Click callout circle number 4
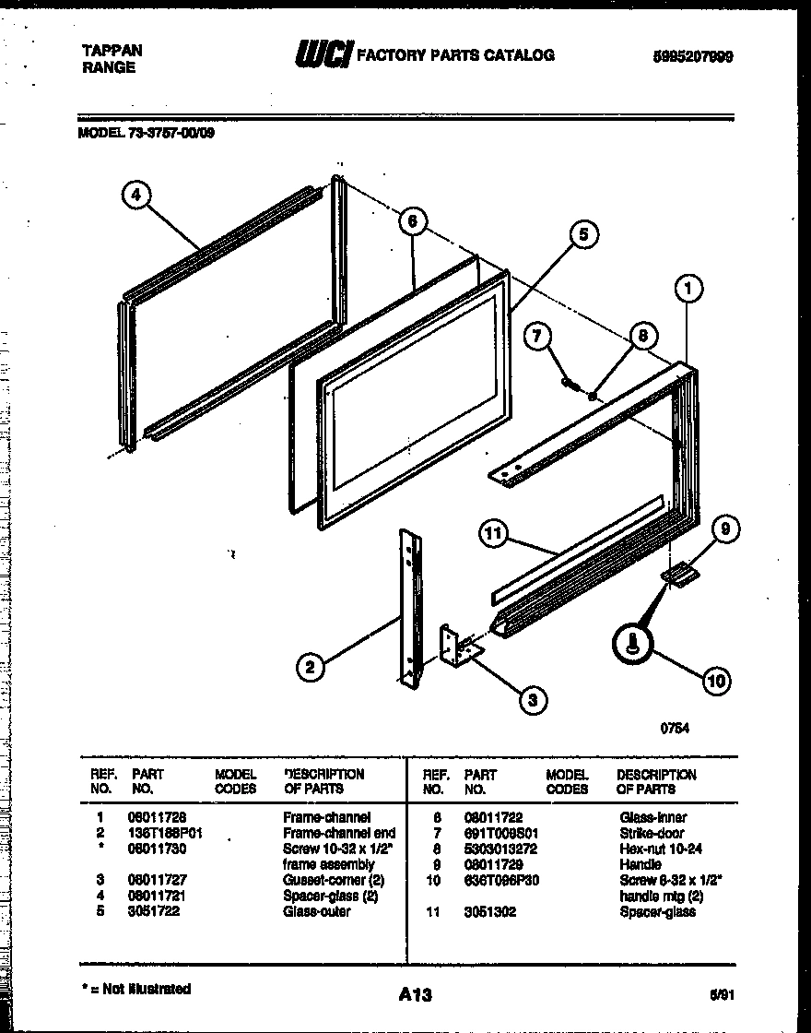(x=135, y=195)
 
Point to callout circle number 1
(x=688, y=290)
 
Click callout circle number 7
(x=537, y=337)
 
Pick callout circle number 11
(x=494, y=534)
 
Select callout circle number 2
(x=311, y=668)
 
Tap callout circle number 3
(x=530, y=701)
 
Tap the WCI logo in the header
(x=323, y=56)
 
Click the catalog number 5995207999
(x=692, y=56)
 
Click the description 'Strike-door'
(x=652, y=833)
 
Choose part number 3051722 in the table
(x=154, y=911)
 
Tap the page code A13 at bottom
(x=416, y=994)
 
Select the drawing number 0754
(x=674, y=728)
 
